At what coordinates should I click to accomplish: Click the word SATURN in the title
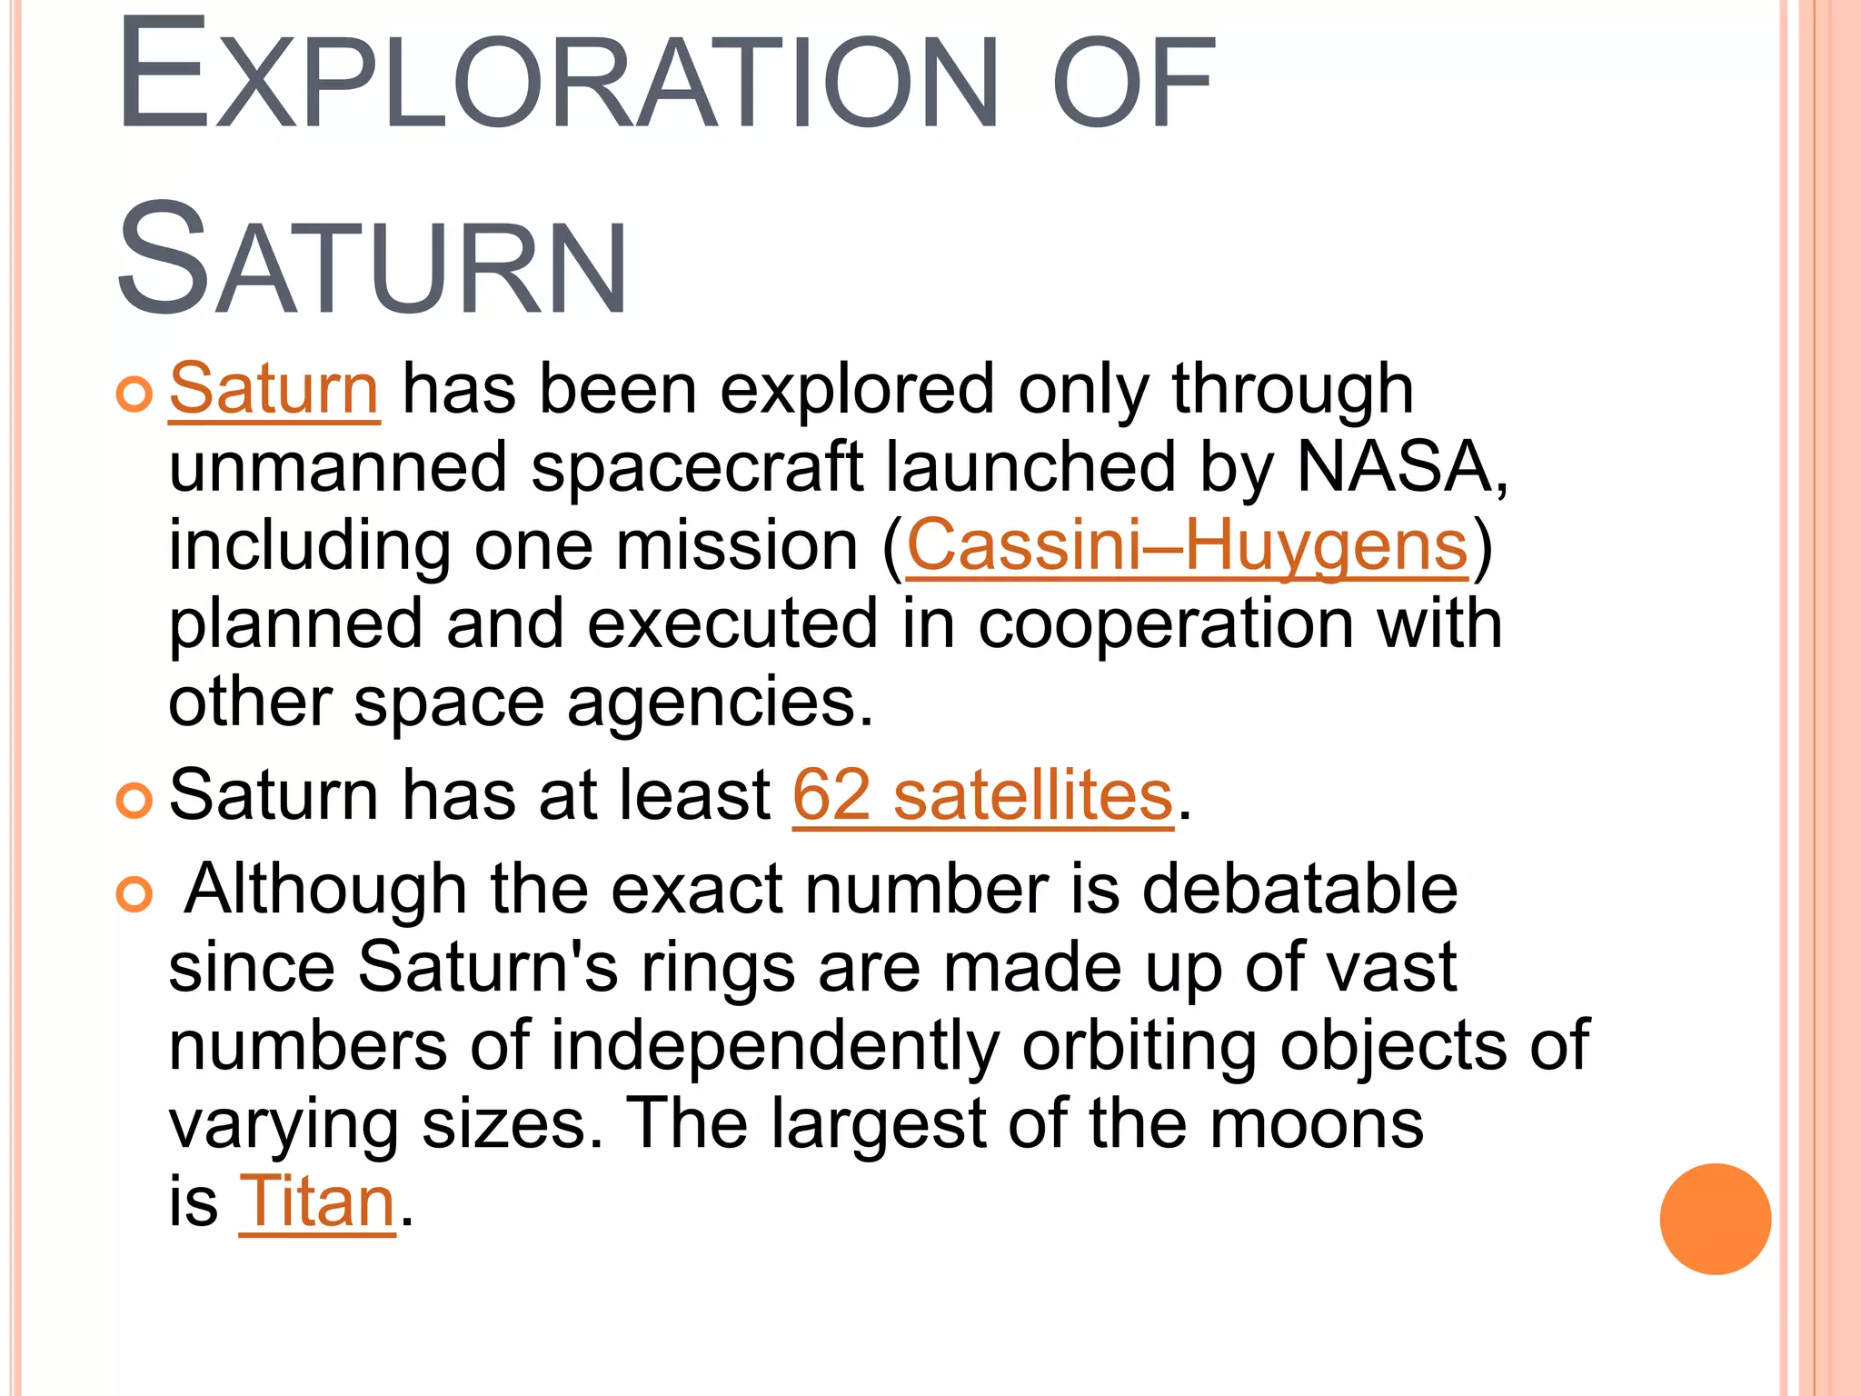[373, 262]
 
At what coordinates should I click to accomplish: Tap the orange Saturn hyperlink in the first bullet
[274, 389]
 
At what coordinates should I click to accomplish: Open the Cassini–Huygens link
[1187, 545]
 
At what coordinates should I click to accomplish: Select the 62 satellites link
[982, 795]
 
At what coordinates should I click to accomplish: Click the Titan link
[317, 1202]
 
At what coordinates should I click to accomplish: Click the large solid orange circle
[1715, 1219]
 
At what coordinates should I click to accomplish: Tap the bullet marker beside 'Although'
[134, 894]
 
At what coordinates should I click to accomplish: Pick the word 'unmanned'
[337, 467]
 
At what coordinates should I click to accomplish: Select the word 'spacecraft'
[697, 467]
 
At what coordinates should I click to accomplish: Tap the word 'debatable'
[1299, 888]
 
